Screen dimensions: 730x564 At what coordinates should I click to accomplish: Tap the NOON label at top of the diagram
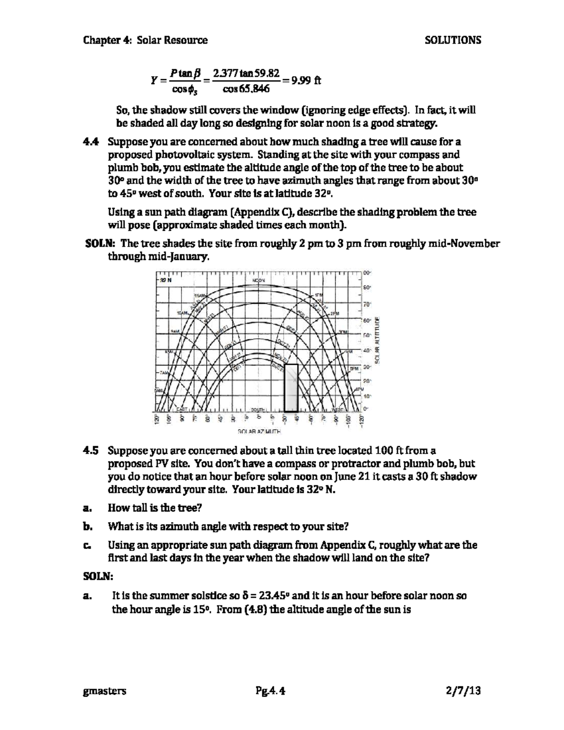(259, 280)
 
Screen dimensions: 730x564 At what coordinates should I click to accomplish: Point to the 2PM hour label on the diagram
(335, 314)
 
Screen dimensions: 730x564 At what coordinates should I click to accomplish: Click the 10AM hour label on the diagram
(182, 313)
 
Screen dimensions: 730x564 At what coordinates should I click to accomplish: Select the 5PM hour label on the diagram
(353, 369)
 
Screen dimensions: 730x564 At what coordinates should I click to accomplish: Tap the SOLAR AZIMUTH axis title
(259, 431)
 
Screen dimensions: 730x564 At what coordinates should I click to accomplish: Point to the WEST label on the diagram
(340, 409)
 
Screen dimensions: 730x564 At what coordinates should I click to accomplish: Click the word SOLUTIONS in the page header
(453, 40)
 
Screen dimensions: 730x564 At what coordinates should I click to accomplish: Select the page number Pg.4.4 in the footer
(270, 691)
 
